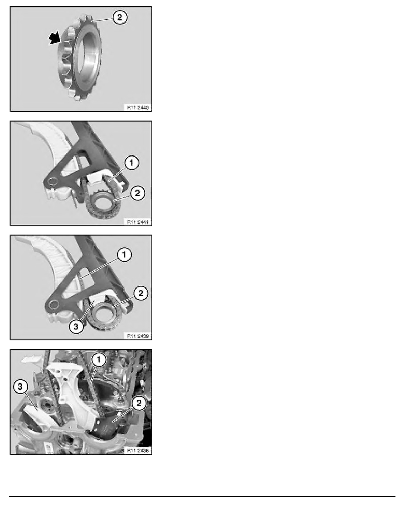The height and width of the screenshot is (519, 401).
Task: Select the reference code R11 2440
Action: (137, 106)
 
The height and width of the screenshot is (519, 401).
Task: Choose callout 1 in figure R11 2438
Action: (99, 360)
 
